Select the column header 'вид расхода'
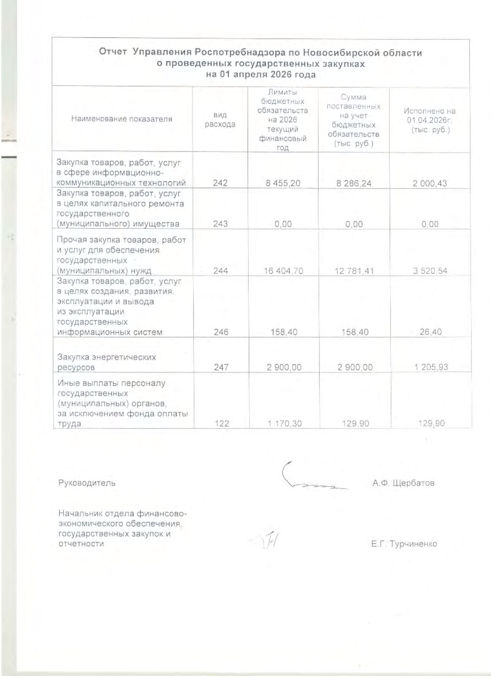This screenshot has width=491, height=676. (x=220, y=119)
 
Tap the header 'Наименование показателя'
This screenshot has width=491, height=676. (x=122, y=119)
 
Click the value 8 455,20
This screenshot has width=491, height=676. (x=283, y=183)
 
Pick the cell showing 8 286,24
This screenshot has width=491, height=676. (x=354, y=183)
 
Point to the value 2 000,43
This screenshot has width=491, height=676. (x=430, y=183)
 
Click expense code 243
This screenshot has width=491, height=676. (x=220, y=224)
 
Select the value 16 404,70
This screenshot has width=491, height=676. (x=283, y=271)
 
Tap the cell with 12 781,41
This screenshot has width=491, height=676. (x=354, y=271)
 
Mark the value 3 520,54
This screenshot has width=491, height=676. (x=430, y=271)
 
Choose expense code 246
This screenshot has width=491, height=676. (x=221, y=332)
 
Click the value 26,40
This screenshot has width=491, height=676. (x=431, y=332)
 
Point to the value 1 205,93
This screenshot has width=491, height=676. (x=431, y=367)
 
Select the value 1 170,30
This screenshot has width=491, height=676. (x=285, y=424)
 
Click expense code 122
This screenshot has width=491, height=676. (x=222, y=424)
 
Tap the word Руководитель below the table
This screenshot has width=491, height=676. (x=87, y=483)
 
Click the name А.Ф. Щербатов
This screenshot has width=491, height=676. (x=403, y=483)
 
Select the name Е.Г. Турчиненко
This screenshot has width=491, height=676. (x=404, y=544)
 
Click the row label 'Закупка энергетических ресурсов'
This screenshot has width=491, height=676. (x=107, y=362)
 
